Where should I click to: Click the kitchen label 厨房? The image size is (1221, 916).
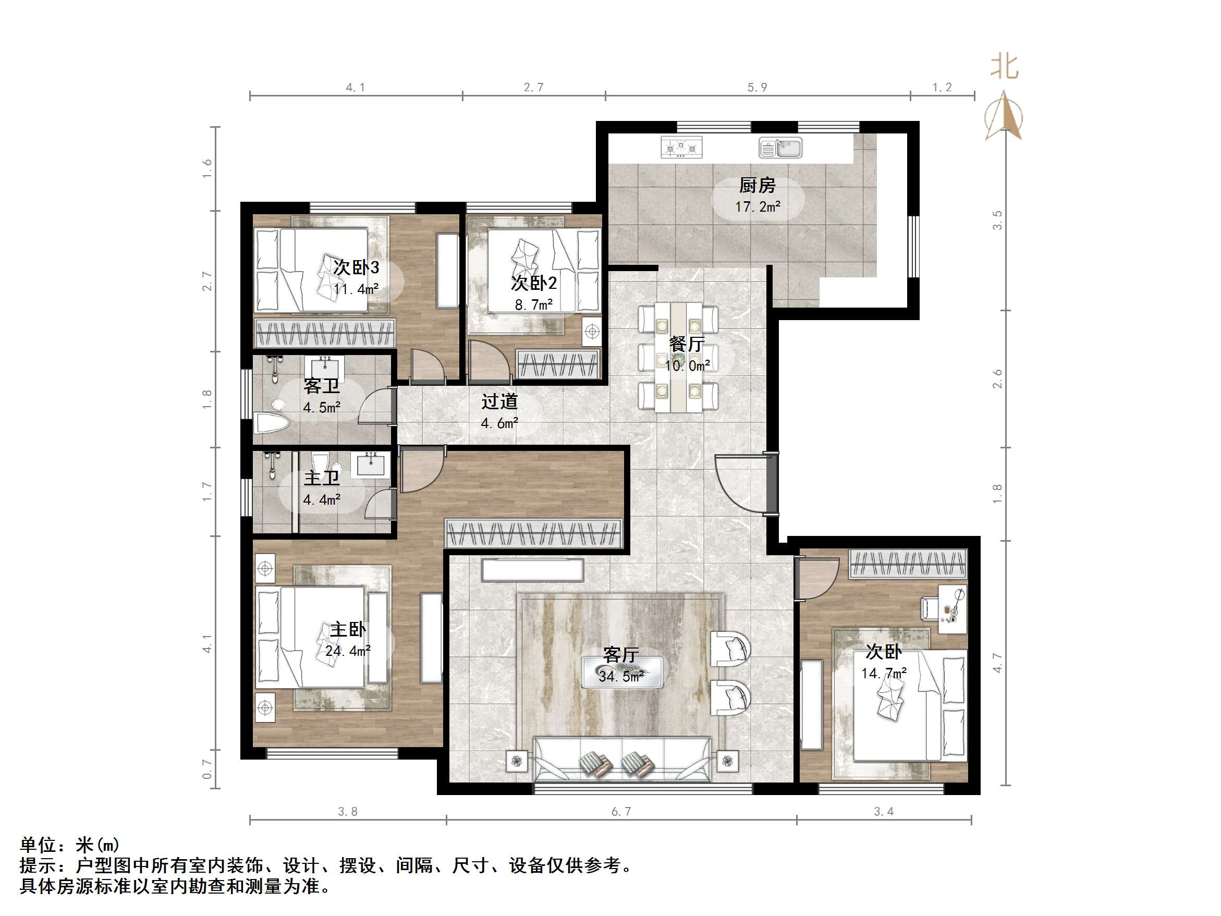click(x=757, y=186)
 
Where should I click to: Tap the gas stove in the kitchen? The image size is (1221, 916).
click(x=681, y=148)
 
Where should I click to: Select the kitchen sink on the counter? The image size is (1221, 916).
click(x=780, y=148)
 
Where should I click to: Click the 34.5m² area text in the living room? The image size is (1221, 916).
click(x=621, y=676)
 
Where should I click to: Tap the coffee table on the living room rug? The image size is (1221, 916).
click(x=622, y=671)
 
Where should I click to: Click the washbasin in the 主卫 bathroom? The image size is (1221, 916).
click(x=371, y=464)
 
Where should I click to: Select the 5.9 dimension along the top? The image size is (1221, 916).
click(x=757, y=87)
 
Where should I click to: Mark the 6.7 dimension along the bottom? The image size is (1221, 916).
click(x=621, y=811)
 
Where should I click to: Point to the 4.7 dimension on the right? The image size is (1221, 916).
click(x=997, y=663)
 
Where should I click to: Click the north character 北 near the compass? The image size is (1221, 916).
click(x=1004, y=67)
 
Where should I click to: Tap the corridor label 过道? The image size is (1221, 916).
click(x=499, y=401)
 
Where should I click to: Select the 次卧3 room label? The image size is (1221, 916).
click(x=356, y=268)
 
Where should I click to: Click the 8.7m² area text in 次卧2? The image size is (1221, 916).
click(x=533, y=305)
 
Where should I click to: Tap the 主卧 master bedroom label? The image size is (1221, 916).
click(x=348, y=629)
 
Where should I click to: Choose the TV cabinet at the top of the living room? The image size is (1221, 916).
click(x=532, y=570)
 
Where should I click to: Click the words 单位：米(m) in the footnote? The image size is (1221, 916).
click(x=69, y=845)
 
